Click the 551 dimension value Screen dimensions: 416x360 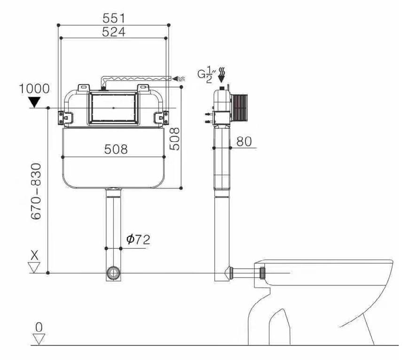[114, 18]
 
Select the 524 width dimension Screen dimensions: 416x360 [114, 32]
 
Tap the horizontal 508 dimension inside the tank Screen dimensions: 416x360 [116, 149]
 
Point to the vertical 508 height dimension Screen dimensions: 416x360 [174, 139]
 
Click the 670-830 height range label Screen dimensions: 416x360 [36, 191]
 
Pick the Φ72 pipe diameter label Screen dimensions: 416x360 [138, 240]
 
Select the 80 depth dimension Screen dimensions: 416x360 [244, 141]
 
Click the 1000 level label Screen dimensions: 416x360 [34, 89]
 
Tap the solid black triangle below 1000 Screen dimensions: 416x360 [34, 102]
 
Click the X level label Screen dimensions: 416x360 [34, 255]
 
